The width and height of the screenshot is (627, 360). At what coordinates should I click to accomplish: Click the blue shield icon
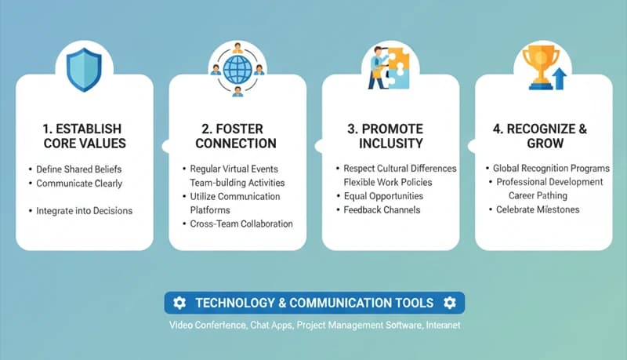pos(85,70)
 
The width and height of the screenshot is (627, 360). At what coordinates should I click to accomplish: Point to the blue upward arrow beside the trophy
pos(558,78)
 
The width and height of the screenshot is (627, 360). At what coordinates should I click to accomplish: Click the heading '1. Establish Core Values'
pos(84,136)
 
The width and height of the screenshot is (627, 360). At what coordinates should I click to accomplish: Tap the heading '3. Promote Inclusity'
pos(390,136)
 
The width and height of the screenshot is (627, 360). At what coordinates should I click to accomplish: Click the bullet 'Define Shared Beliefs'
pos(79,169)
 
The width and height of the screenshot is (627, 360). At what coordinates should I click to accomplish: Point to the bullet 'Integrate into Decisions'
pos(85,210)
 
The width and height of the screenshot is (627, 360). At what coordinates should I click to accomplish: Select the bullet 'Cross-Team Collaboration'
pos(241,224)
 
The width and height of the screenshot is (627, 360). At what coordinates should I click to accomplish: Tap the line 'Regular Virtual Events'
pos(234,169)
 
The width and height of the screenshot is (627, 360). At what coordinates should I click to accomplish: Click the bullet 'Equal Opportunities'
pos(383,196)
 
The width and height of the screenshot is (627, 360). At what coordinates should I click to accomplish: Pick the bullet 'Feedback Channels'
pos(382,210)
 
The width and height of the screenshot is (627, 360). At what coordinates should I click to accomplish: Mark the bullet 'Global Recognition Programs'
pos(551,169)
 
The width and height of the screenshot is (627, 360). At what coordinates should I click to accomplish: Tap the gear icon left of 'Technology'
pos(179,303)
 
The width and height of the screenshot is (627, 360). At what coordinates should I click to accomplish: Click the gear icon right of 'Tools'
pos(449,303)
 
